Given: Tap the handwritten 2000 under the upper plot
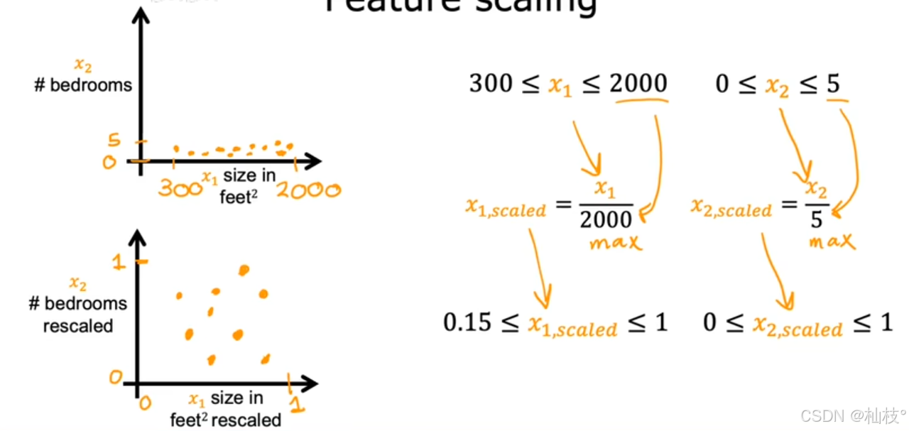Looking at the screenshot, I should [308, 190].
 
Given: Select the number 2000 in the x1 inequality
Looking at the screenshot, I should [638, 84].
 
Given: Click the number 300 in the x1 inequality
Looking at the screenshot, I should [491, 84].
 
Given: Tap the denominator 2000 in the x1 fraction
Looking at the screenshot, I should [605, 221].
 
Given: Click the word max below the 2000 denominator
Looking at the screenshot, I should [615, 243].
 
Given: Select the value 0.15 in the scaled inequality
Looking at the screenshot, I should [467, 323].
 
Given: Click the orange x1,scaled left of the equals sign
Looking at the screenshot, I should [506, 208].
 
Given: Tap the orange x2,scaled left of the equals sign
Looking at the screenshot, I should [731, 208].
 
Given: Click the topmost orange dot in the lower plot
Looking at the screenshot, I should [244, 270].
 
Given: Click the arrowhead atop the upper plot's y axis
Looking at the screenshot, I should [142, 14].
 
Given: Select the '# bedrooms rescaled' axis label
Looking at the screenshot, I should [78, 315].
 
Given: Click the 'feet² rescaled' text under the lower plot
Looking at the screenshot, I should [226, 420].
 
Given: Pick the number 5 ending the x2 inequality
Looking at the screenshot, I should [833, 84].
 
